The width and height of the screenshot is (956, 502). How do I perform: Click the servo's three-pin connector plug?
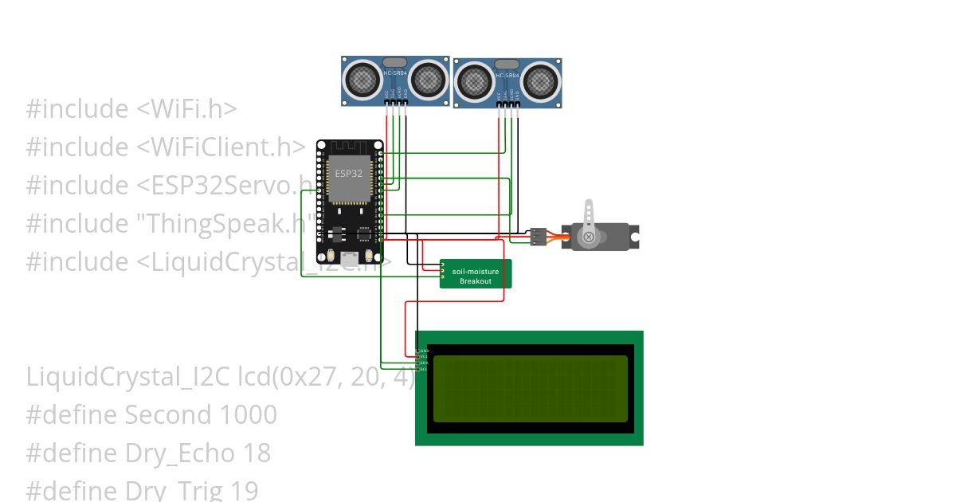tap(539, 236)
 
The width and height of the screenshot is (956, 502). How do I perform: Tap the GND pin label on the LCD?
tap(425, 351)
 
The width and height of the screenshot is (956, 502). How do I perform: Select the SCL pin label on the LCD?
tap(425, 369)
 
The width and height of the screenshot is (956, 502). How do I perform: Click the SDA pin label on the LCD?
tap(425, 363)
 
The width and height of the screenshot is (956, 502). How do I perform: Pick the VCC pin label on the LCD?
tap(425, 356)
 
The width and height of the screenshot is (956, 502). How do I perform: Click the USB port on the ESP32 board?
tap(349, 258)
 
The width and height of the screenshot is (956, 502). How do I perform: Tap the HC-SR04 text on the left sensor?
tap(395, 73)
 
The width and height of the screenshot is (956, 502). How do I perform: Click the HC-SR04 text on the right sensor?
tap(507, 75)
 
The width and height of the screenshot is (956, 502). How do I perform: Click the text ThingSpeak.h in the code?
tap(222, 224)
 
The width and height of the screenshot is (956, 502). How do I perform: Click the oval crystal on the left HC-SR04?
tap(395, 62)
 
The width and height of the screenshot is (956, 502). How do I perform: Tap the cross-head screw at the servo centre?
tap(589, 237)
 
